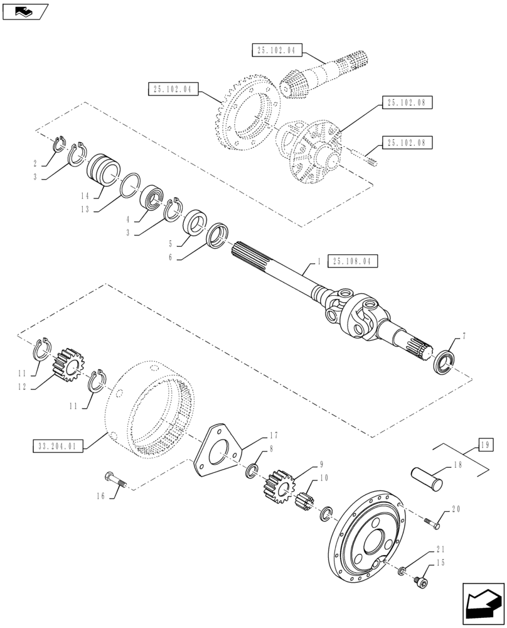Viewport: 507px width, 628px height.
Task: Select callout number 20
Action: click(x=456, y=509)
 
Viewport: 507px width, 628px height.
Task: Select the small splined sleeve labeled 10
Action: click(x=308, y=502)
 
